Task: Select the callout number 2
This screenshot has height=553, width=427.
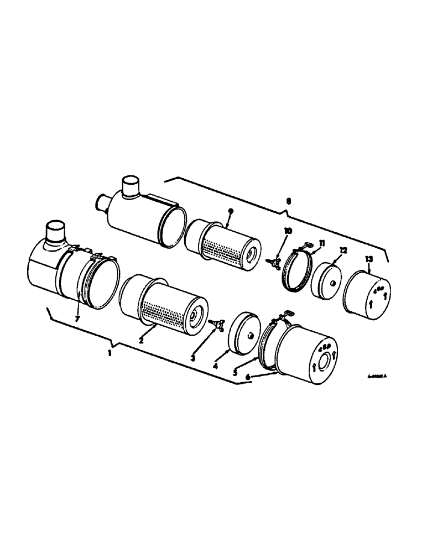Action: pos(142,341)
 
